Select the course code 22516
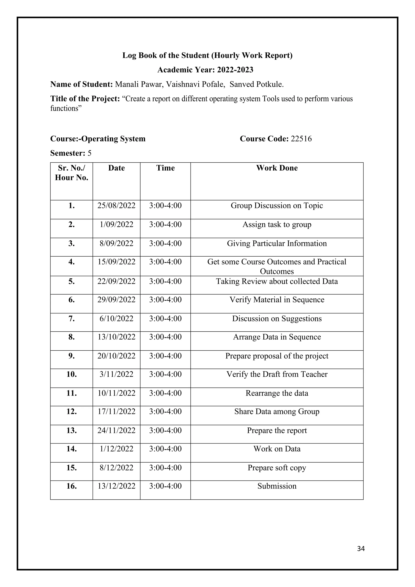click(301, 139)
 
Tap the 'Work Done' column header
click(277, 168)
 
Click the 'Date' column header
click(116, 168)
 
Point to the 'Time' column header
click(165, 168)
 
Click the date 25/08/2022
click(116, 206)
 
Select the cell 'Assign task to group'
click(277, 224)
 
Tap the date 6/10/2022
click(116, 319)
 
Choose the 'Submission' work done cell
click(277, 486)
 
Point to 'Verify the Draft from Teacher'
click(277, 374)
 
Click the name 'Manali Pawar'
click(139, 84)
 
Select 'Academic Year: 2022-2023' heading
click(205, 70)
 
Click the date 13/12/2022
click(116, 486)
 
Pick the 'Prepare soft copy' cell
click(277, 468)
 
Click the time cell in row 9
click(165, 356)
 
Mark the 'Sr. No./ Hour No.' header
click(72, 173)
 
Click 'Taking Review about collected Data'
click(277, 281)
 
